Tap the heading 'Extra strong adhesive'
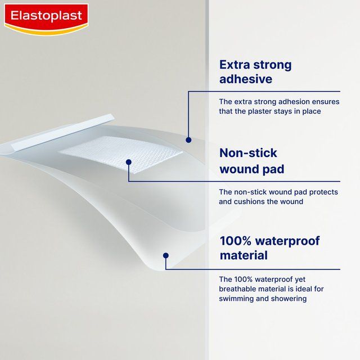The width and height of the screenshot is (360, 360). click(255, 71)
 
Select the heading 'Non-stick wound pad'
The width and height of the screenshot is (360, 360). click(251, 161)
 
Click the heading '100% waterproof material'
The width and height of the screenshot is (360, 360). click(269, 248)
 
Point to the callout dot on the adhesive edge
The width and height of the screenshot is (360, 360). click(188, 139)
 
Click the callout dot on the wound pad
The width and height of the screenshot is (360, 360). click(129, 162)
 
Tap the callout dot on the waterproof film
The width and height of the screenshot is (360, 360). click(165, 255)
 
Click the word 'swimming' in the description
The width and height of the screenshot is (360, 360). click(238, 299)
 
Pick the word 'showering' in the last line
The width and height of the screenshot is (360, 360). click(289, 299)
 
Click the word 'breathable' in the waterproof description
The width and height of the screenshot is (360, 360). click(241, 289)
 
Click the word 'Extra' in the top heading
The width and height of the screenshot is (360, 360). click(236, 64)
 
